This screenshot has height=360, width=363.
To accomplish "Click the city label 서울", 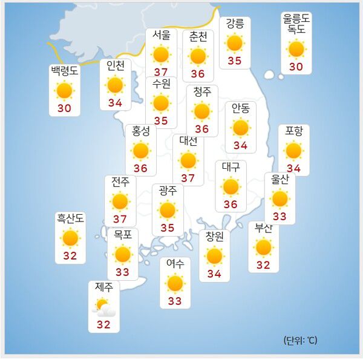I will point(161,36).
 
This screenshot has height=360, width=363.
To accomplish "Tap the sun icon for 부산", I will point(263,247).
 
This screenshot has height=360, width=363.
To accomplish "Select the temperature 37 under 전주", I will point(120,219).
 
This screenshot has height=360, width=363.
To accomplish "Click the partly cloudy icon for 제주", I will point(103,307).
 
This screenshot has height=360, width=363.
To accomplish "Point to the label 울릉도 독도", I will point(296,23).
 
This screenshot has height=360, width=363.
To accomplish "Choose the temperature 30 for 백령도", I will point(64,108).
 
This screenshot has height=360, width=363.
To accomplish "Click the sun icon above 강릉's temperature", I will point(234,43).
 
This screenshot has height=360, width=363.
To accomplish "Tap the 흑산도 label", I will point(70,218).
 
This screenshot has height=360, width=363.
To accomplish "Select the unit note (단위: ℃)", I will point(299,340).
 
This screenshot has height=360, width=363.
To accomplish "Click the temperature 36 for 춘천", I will point(198,74).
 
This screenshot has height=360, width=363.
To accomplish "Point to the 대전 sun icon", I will point(188,160).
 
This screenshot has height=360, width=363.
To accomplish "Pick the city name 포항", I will point(294,131).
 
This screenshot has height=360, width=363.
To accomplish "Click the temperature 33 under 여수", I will point(175,301).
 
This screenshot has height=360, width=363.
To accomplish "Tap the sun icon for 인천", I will point(115,85).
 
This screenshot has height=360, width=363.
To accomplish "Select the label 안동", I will point(240,108).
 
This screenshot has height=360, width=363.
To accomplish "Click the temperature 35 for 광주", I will point(167,228).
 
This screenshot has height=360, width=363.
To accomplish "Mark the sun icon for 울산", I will point(280,198).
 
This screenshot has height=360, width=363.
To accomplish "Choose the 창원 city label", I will point(214,237).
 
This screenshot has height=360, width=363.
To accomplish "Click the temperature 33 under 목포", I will point(123,272).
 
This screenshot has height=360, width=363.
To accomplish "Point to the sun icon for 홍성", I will point(141,151).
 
